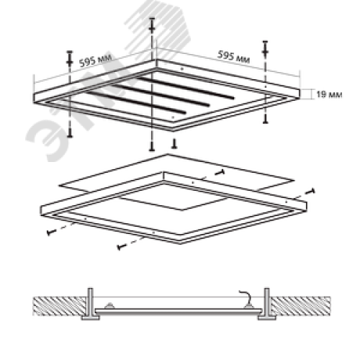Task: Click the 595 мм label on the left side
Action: point(96,60)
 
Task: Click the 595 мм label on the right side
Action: point(233,57)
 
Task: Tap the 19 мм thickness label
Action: point(329,94)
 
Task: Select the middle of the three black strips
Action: point(160,95)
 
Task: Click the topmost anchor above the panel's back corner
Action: point(152,25)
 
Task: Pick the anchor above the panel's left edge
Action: point(70,58)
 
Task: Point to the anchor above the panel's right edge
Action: point(265,49)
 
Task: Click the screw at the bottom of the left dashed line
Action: point(70,132)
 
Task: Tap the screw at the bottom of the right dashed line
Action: point(265,119)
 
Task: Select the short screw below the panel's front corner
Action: point(174,144)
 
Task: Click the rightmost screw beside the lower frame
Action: point(310,192)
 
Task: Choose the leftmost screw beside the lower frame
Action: point(51,232)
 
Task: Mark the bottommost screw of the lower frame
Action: point(122,246)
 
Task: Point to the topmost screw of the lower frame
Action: point(220,172)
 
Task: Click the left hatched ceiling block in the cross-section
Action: point(59,306)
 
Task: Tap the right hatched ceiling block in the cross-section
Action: point(301,306)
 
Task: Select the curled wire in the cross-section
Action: point(246,297)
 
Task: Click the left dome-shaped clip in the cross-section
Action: point(109,306)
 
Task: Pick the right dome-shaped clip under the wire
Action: point(248,306)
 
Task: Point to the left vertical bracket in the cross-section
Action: point(91,303)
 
